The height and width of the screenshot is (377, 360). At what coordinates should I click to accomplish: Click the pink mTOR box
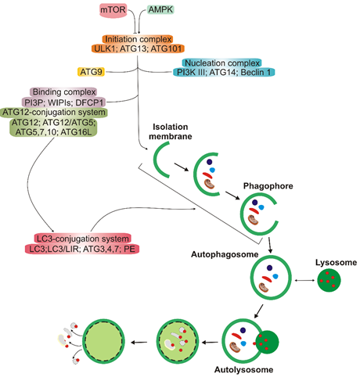pos(113,10)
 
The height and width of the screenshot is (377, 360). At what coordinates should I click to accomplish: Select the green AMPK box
pos(160,9)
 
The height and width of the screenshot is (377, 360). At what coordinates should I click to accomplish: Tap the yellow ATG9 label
pos(91,72)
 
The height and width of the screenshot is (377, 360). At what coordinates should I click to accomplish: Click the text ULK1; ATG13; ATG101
pos(138,48)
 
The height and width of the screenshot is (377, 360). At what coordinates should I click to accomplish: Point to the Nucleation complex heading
pos(222,63)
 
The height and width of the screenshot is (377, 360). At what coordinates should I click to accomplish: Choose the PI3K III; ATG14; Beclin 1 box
pos(224,72)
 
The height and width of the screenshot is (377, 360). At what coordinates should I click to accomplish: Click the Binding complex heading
pos(64,92)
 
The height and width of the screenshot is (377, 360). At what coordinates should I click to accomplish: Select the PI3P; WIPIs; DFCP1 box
pos(64,102)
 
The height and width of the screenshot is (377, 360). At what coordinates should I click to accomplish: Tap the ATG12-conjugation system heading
pos(54,113)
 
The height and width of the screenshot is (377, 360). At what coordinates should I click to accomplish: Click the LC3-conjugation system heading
pos(83,239)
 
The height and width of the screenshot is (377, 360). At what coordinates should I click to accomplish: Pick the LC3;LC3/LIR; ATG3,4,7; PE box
pos(82,249)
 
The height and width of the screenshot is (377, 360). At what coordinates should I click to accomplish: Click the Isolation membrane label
pos(171,131)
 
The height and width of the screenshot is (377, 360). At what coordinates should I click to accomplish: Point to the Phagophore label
pos(268,186)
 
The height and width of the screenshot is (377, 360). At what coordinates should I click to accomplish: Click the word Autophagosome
pos(225,254)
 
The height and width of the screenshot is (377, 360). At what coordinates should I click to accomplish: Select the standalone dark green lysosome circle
pos(329,280)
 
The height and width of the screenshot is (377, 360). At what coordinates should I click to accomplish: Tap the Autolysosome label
pos(243,369)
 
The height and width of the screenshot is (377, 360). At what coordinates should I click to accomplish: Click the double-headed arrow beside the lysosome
pos(304,280)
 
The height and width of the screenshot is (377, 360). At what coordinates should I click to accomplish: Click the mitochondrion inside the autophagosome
pos(264,288)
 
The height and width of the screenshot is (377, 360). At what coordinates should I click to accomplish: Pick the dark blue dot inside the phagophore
pos(255,203)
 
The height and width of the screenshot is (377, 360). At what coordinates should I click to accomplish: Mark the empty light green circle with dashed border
pos(103,341)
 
